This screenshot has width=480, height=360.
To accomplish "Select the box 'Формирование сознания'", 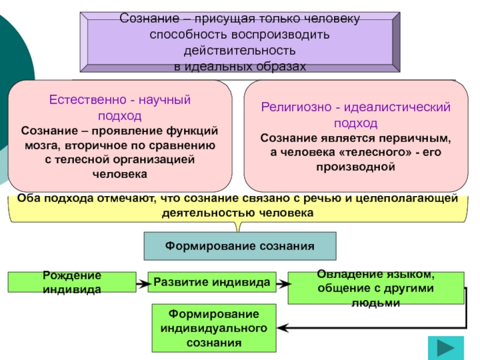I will point(240,246).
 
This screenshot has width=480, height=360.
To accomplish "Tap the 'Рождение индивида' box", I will point(72,282).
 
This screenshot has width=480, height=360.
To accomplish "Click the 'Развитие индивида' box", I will point(212,281).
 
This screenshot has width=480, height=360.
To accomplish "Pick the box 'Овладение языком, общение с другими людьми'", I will point(376,288).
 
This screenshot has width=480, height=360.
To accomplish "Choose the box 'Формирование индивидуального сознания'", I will point(214,328).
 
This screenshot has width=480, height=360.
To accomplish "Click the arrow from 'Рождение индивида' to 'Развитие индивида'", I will point(142,282).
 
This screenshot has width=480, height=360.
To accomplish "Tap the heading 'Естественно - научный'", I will point(120,100).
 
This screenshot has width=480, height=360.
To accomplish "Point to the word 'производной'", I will point(356,166).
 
